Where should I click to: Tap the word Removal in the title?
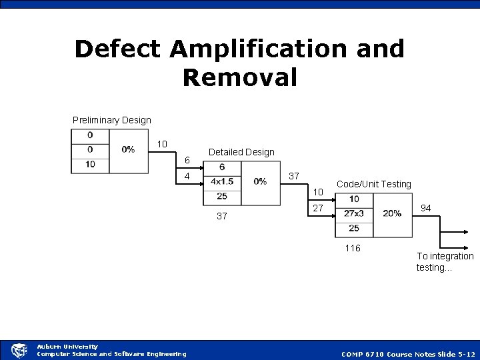(239, 77)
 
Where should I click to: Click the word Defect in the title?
(117, 48)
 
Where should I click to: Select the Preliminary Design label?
(112, 120)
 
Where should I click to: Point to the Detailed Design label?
(241, 152)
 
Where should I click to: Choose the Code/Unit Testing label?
(374, 184)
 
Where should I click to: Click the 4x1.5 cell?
(222, 181)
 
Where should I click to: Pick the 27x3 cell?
(353, 213)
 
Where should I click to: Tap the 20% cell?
(392, 213)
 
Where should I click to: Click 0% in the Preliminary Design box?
(128, 149)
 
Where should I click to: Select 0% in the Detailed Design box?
(260, 181)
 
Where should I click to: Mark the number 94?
(426, 209)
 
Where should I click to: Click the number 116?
(352, 248)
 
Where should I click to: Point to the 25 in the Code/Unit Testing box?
(353, 228)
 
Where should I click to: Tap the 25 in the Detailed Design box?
(222, 196)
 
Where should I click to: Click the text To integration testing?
(445, 261)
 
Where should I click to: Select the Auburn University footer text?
(67, 347)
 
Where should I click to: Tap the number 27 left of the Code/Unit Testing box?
(318, 208)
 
